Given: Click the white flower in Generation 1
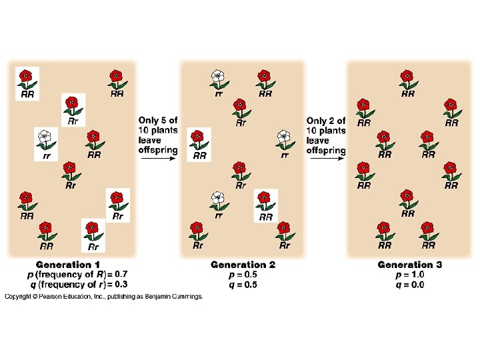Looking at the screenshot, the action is pyautogui.click(x=44, y=137).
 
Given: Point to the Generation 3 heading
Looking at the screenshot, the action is pyautogui.click(x=409, y=265).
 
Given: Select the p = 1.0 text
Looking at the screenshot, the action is pyautogui.click(x=409, y=274).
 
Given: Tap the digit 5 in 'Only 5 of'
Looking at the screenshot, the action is pyautogui.click(x=164, y=120).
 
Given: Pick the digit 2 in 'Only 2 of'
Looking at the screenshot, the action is pyautogui.click(x=332, y=120).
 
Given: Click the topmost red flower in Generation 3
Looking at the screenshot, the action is pyautogui.click(x=406, y=77).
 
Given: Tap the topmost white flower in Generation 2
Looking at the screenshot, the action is pyautogui.click(x=217, y=77).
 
